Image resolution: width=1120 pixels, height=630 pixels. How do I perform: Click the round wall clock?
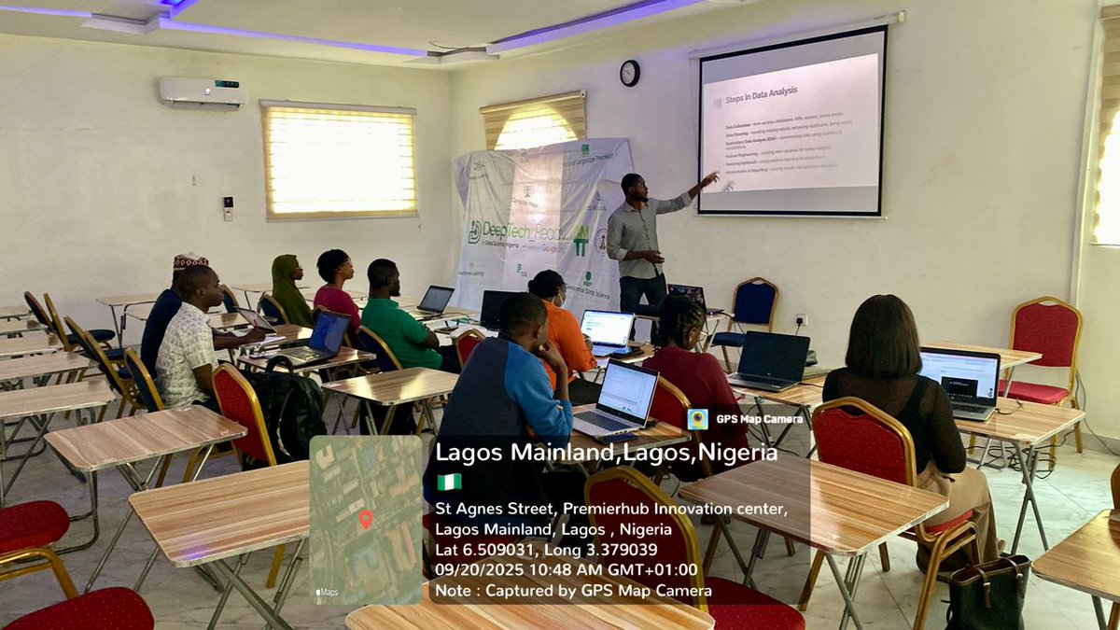pyautogui.click(x=630, y=73)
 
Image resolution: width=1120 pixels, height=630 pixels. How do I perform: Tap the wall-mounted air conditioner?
pyautogui.click(x=203, y=91)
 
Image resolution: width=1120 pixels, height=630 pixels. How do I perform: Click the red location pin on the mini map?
pyautogui.click(x=365, y=519)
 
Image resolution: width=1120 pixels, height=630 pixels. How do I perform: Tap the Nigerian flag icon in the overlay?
pyautogui.click(x=449, y=482)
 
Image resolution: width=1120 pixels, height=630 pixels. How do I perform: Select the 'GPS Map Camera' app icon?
pyautogui.click(x=697, y=419)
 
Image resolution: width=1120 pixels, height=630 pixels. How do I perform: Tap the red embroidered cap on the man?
pyautogui.click(x=190, y=261)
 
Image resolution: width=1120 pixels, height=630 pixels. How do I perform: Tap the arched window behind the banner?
pyautogui.click(x=534, y=123)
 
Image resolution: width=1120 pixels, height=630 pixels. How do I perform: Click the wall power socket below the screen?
pyautogui.click(x=800, y=318)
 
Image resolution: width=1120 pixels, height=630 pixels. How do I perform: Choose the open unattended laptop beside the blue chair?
pyautogui.click(x=770, y=359)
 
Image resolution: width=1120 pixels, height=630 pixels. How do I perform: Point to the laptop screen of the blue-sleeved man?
pyautogui.click(x=627, y=391)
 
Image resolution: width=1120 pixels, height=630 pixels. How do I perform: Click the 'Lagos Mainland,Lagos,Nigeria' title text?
pyautogui.click(x=606, y=453)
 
